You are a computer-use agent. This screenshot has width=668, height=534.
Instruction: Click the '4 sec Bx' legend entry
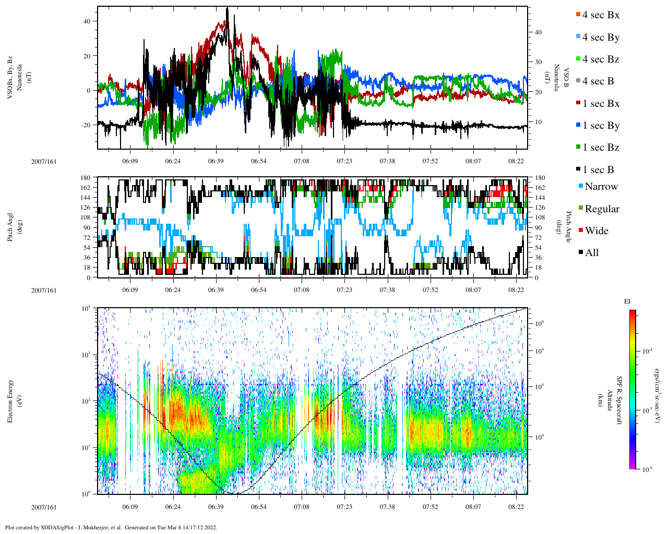(600, 15)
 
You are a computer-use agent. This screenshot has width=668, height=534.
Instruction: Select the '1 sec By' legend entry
(600, 126)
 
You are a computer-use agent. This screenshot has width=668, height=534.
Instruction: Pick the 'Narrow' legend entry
(601, 187)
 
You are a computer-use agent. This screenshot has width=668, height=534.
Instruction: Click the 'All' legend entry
(591, 253)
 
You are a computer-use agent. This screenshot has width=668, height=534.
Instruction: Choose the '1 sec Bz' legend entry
(600, 148)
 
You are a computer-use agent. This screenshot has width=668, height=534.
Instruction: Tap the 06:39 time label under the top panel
(216, 161)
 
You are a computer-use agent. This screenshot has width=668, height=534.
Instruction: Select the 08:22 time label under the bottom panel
(516, 507)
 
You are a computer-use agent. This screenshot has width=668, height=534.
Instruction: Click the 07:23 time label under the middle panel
(344, 290)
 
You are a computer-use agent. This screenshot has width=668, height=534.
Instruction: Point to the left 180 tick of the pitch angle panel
(85, 178)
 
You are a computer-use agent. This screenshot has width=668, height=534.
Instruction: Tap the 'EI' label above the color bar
(627, 301)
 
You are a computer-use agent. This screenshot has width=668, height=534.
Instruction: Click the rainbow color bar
(632, 390)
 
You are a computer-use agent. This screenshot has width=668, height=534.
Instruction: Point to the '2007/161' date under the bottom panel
(44, 507)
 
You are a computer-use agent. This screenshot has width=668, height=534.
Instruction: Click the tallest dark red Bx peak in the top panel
(227, 9)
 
